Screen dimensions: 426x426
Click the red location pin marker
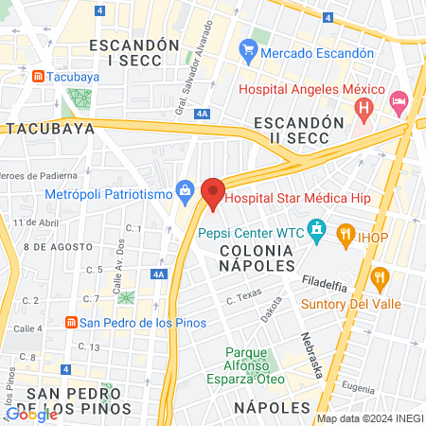pyautogui.click(x=213, y=193)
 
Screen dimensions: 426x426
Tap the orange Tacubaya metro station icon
pyautogui.click(x=37, y=75)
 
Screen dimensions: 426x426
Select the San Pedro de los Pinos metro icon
pyautogui.click(x=70, y=322)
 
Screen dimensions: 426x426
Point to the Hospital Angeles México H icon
pyautogui.click(x=362, y=110)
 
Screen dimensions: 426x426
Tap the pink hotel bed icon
pyautogui.click(x=399, y=99)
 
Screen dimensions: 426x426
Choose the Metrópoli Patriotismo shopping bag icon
pyautogui.click(x=185, y=193)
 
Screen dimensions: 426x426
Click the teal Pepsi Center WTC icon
pyautogui.click(x=317, y=229)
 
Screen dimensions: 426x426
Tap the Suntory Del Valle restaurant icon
pyautogui.click(x=381, y=278)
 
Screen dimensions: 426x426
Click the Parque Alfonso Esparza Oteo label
pyautogui.click(x=246, y=362)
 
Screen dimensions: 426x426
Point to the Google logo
pyautogui.click(x=31, y=414)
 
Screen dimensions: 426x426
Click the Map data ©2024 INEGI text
pyautogui.click(x=369, y=418)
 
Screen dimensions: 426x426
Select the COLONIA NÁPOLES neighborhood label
pyautogui.click(x=257, y=256)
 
